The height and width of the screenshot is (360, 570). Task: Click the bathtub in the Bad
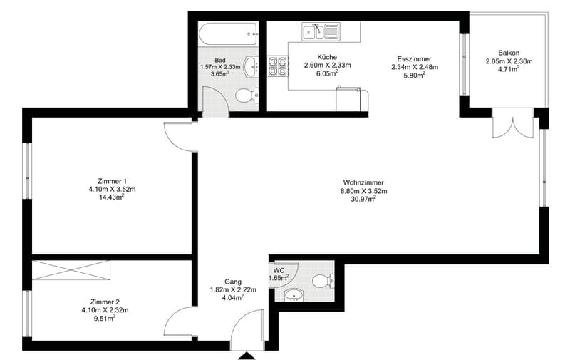click(x=229, y=34)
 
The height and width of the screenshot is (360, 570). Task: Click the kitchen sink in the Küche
click(x=321, y=31)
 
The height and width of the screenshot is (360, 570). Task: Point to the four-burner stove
click(x=278, y=66)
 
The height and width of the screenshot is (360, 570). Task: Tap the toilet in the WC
click(x=323, y=281)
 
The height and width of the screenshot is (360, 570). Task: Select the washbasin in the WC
click(x=294, y=295)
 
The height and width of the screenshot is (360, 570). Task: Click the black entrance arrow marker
click(x=247, y=356)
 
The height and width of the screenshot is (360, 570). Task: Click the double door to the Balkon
click(x=513, y=123)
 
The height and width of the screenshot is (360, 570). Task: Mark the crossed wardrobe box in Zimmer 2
click(x=71, y=270)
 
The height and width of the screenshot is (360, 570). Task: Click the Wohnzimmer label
click(x=363, y=182)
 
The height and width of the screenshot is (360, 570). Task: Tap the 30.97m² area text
click(x=363, y=199)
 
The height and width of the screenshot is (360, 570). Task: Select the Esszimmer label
click(x=414, y=59)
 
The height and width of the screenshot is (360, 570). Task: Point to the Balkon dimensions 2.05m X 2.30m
click(x=509, y=61)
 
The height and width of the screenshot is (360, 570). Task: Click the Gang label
click(x=233, y=282)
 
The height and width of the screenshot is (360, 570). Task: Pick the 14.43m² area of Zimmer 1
click(x=112, y=197)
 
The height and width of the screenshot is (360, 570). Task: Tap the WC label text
click(x=279, y=271)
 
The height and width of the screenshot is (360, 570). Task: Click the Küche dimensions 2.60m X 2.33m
click(x=327, y=66)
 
